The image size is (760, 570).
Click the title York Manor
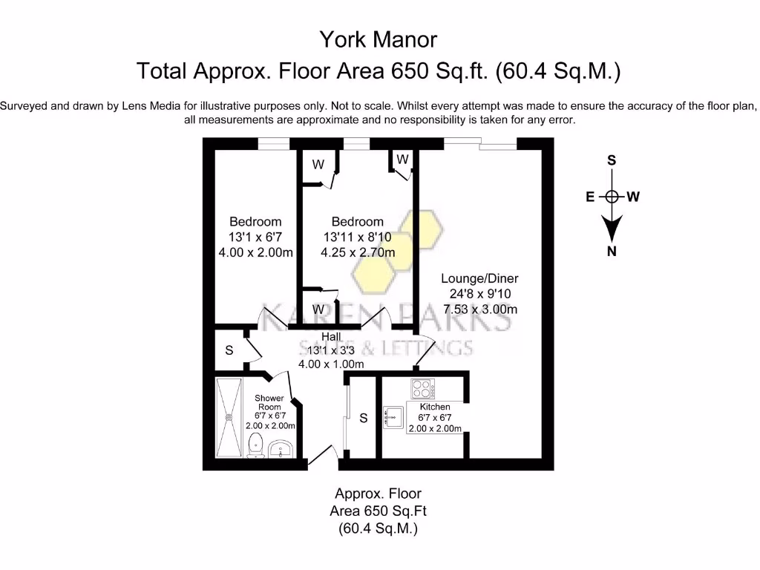(379, 39)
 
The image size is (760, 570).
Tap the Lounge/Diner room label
(479, 278)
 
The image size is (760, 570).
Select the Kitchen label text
(435, 407)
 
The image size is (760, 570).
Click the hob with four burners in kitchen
(423, 389)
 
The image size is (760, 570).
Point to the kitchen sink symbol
(393, 418)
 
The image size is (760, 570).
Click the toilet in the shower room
(255, 445)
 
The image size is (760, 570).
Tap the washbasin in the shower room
(281, 448)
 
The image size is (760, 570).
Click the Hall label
(331, 337)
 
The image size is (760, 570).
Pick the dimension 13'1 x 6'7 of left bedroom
(255, 237)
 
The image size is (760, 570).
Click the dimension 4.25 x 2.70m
(358, 252)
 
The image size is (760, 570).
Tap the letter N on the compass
(612, 251)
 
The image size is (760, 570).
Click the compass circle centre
(612, 197)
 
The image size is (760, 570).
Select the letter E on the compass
(590, 197)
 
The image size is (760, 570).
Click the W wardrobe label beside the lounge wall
(402, 160)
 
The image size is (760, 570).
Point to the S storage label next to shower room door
(229, 350)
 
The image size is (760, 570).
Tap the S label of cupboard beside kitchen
(364, 419)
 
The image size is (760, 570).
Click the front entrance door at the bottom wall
(323, 457)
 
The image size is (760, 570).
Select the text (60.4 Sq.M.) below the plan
(379, 528)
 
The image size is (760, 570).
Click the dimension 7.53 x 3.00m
(479, 309)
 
